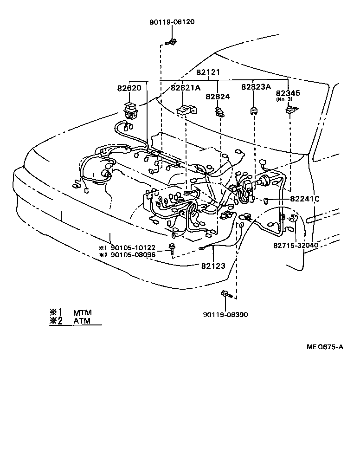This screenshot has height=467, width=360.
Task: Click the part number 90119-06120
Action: (172, 22)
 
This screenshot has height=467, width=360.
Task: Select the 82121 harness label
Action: (207, 72)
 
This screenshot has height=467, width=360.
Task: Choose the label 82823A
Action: (255, 87)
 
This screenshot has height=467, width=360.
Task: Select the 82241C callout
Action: (305, 199)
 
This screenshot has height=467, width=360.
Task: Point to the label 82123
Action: (213, 266)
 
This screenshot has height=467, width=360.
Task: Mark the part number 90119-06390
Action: (225, 315)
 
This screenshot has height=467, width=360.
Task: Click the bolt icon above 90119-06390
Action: (225, 294)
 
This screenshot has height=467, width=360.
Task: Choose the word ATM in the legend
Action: (82, 321)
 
